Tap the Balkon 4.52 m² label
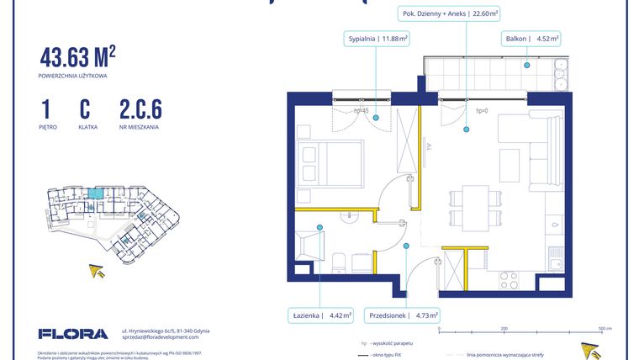point(532,39)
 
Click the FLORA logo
point(73,334)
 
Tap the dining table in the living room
point(474,207)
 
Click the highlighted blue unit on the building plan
point(98,194)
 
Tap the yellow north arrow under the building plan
point(98,270)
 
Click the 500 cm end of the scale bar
point(602,328)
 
